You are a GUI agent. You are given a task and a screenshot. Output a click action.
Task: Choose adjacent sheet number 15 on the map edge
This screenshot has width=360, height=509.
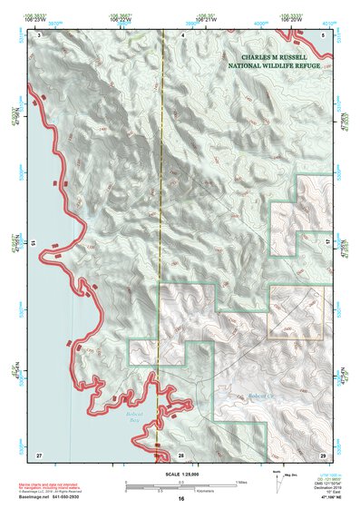click(x=33, y=243)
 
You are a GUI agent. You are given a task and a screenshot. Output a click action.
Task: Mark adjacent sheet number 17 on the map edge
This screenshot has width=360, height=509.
click(x=328, y=243)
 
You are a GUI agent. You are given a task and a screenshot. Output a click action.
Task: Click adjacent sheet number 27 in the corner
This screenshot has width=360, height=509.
click(x=39, y=453)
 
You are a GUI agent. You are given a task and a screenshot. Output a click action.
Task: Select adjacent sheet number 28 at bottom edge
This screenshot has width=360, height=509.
click(x=180, y=453)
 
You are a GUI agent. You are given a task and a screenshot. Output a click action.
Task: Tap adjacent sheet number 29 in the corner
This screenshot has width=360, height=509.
click(x=322, y=453)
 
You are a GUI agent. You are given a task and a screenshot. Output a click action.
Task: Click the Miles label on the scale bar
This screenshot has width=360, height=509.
click(x=241, y=481)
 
